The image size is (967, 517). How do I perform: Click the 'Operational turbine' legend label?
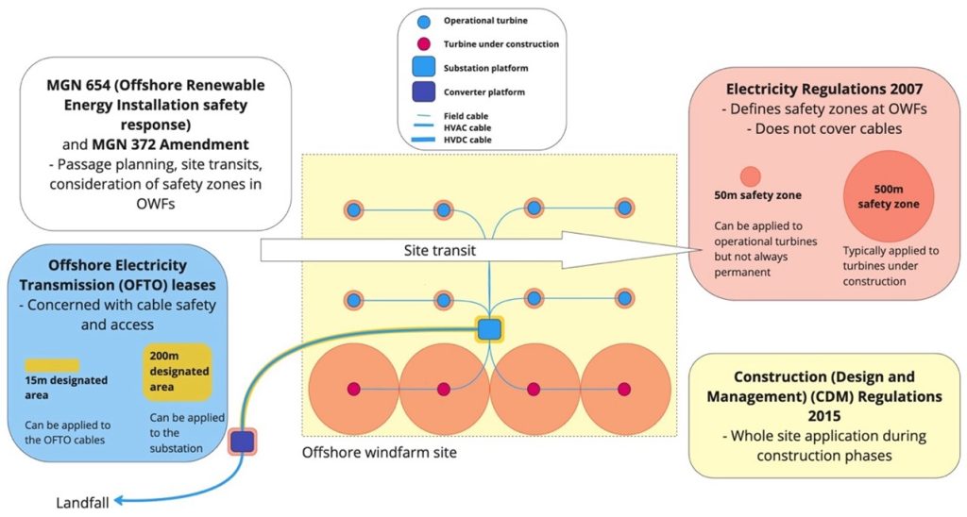tap(486, 21)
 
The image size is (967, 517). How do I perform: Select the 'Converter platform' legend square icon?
tap(424, 92)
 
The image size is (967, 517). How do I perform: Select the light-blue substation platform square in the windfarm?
tap(489, 329)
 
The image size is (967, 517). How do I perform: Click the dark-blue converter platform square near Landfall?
tap(243, 441)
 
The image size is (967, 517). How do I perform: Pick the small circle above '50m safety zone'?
tap(750, 176)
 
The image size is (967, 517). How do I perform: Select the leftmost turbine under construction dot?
tap(353, 389)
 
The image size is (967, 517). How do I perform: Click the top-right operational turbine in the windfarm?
tap(623, 208)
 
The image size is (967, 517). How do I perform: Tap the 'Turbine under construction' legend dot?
tap(424, 44)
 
